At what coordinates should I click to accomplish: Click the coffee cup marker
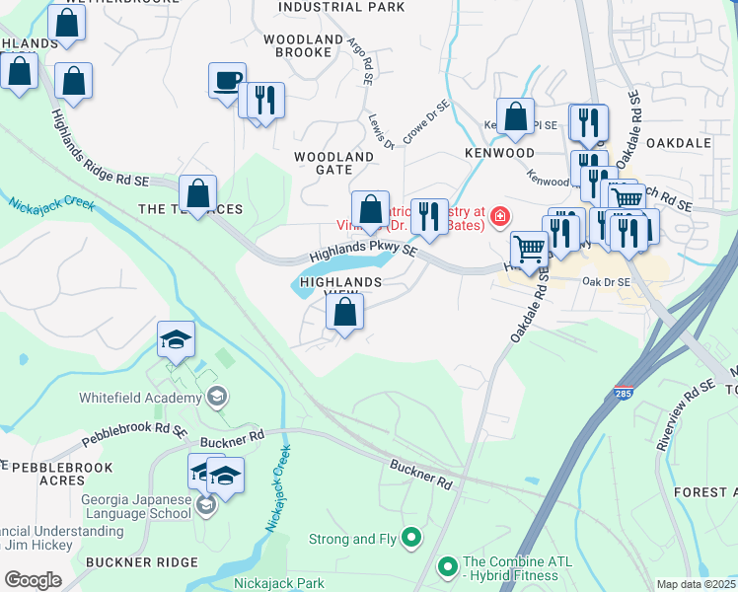[227, 80]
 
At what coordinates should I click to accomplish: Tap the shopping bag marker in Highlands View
[344, 314]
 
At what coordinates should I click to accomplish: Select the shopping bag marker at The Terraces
[198, 194]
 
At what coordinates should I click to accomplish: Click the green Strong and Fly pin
[412, 539]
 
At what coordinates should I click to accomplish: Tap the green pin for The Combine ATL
[448, 567]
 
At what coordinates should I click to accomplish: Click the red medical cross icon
[500, 216]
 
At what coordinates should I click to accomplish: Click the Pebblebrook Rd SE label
[135, 431]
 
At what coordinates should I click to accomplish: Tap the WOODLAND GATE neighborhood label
[333, 163]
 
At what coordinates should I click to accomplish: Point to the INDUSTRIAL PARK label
[328, 7]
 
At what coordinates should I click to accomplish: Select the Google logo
[33, 580]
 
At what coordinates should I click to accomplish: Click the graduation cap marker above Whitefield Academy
[177, 340]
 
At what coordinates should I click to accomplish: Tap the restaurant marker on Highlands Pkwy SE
[428, 216]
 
